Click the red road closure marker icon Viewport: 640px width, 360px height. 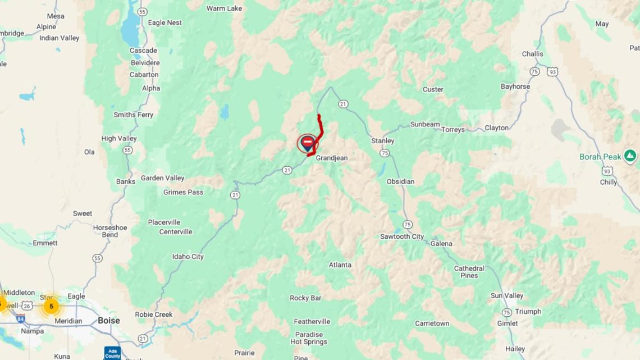pos(308,143)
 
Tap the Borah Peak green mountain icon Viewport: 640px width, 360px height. pos(630,156)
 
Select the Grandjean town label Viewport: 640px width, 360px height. pos(331,158)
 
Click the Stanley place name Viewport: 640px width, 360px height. pos(383,141)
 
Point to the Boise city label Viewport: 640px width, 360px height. pos(109,321)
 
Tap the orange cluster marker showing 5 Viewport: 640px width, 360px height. pos(51,306)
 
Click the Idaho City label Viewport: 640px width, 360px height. pos(188,257)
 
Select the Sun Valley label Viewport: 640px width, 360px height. pos(507,296)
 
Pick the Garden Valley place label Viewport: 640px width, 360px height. pos(162,178)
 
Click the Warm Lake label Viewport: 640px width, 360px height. pos(224,8)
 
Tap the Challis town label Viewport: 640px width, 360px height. pos(532,54)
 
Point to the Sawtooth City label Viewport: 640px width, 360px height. pos(402,237)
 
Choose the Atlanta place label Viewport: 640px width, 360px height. pos(340,265)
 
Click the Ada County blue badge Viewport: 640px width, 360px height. pos(112,353)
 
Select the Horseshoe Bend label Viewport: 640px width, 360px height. pos(110,231)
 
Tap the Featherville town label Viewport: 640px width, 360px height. pos(312,322)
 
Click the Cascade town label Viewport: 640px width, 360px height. pos(143,51)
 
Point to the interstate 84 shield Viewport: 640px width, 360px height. pos(21,318)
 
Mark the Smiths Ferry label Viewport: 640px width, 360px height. pos(133,115)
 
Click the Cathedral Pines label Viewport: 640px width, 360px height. pos(469,272)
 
